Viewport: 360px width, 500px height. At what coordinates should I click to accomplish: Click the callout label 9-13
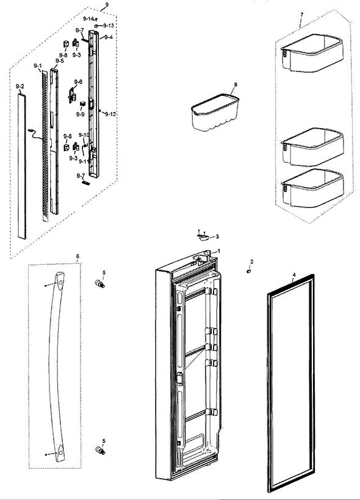click(109, 26)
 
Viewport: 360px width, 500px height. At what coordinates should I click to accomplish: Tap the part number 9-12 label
click(110, 114)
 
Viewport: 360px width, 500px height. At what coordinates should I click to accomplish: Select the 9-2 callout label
click(20, 87)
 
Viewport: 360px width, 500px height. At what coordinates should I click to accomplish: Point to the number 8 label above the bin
click(236, 84)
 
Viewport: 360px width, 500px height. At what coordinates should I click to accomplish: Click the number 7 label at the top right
click(301, 15)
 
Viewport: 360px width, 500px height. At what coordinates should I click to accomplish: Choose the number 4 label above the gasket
click(294, 275)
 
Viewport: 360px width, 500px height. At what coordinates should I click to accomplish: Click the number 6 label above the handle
click(77, 256)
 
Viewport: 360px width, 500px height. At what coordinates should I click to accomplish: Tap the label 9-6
click(78, 82)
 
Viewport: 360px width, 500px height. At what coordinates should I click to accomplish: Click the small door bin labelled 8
click(215, 112)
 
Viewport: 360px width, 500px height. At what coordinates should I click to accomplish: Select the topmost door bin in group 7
click(312, 53)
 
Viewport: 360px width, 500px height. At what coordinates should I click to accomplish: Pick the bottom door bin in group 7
click(312, 188)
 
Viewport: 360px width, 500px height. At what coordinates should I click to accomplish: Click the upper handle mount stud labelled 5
click(100, 283)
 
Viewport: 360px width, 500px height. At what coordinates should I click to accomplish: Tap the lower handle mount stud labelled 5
click(100, 451)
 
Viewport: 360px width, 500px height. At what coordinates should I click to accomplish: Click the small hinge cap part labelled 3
click(203, 237)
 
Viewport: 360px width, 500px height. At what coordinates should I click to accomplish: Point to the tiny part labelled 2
click(248, 271)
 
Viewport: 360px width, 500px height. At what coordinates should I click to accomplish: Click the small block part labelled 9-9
click(82, 103)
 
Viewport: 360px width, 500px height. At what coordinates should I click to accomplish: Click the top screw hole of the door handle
click(60, 283)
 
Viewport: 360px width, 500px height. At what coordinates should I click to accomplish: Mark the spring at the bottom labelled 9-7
click(86, 183)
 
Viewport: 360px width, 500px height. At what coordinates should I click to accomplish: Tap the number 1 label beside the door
click(218, 251)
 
